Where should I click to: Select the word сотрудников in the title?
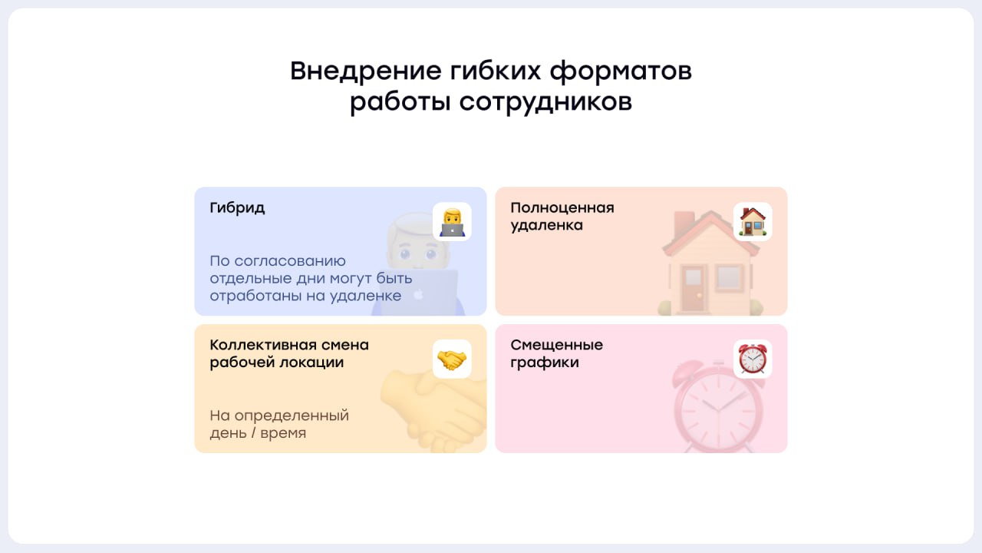pos(545,102)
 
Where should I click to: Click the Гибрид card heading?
pos(237,208)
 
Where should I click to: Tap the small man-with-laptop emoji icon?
pos(452,222)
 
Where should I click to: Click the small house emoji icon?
pos(753,222)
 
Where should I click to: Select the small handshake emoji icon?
pos(452,359)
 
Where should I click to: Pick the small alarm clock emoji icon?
pos(753,359)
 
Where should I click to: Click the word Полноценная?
pos(562,207)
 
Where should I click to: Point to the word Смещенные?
pos(557,345)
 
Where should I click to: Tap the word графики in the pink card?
pos(545,363)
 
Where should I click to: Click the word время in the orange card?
pos(282,433)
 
